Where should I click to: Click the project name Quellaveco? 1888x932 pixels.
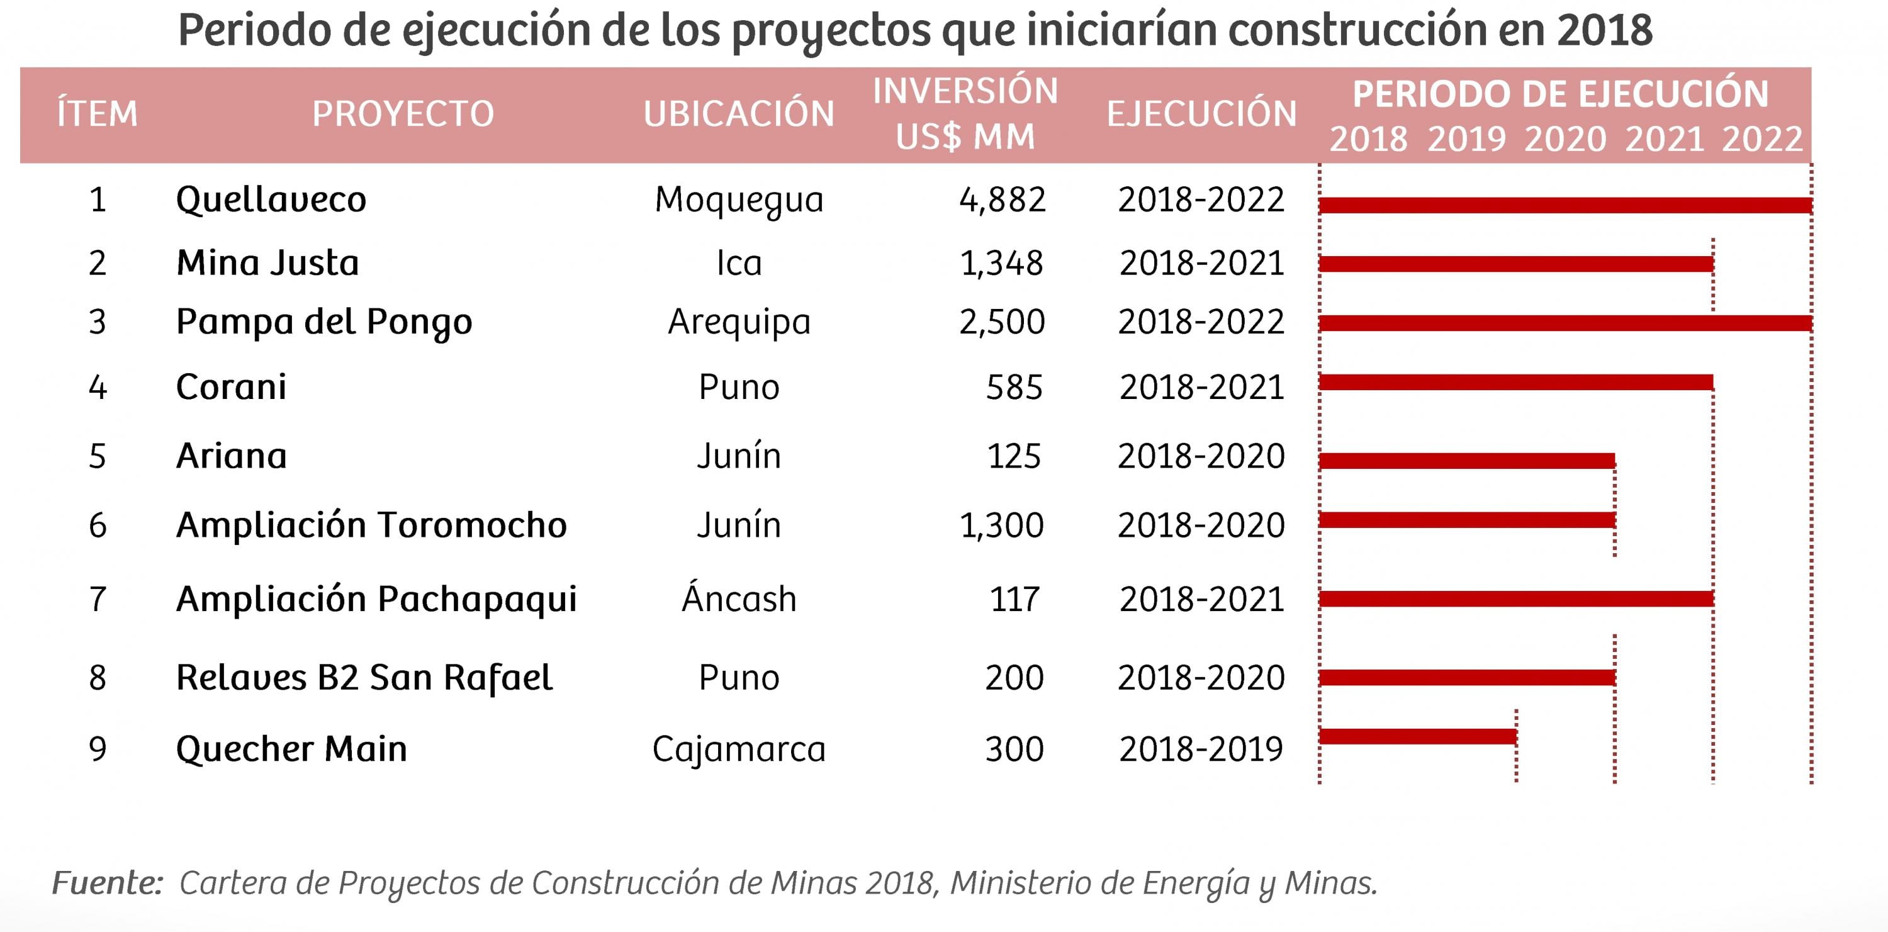pos(271,199)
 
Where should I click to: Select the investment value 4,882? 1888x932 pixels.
pos(1002,199)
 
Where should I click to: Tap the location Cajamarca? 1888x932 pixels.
pos(739,749)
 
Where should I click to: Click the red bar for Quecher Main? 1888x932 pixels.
pos(1417,736)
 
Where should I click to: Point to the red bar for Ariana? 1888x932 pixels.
pos(1466,461)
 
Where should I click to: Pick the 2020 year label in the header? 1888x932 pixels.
pos(1565,139)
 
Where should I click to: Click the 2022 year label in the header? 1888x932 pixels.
pos(1762,139)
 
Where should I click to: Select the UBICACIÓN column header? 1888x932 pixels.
pos(739,113)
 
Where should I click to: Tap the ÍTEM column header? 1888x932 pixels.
pos(98,113)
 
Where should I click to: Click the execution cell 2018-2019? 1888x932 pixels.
pos(1201,749)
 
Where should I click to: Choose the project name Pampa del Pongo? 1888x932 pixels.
pos(324,322)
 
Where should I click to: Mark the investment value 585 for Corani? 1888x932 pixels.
pos(1014,387)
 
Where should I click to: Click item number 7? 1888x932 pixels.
pos(98,599)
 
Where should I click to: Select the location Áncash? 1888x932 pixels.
pos(739,598)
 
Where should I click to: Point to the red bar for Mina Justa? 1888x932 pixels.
pos(1515,264)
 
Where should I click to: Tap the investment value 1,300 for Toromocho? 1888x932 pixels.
pos(1001,525)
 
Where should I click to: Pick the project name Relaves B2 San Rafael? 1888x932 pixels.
pos(364,678)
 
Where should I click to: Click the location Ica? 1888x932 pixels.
pos(739,263)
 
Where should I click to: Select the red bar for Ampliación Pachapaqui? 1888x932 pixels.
pos(1515,598)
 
